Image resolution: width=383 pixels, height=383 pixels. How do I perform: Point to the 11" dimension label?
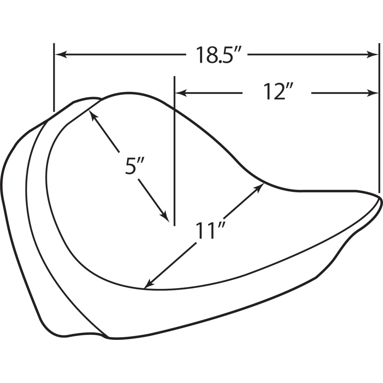tap(211, 230)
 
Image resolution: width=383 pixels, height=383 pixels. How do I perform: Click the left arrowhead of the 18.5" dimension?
tap(61, 54)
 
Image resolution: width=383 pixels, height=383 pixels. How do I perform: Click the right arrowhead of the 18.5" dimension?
tap(372, 54)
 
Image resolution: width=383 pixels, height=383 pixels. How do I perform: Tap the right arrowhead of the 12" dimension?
tap(372, 93)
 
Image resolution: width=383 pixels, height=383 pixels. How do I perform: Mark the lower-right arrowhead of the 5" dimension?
tap(165, 217)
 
